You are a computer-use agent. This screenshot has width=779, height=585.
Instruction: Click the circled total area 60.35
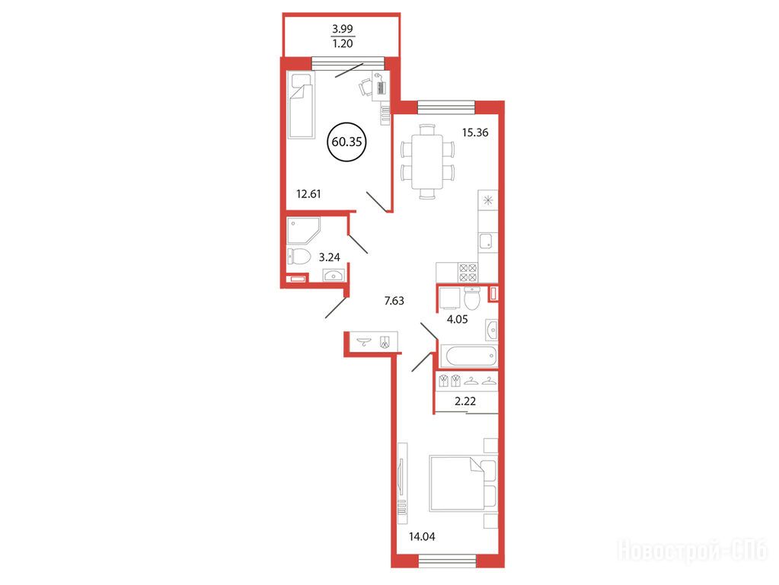[x=346, y=142]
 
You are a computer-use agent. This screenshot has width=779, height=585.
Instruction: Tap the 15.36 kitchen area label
[x=475, y=133]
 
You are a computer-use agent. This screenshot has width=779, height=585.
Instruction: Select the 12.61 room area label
[x=308, y=193]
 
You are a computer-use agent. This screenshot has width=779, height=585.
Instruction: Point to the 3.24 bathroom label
[x=330, y=257]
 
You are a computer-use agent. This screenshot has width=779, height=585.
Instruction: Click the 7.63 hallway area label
[x=394, y=301]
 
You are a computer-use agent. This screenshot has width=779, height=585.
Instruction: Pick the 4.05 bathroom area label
[x=457, y=320]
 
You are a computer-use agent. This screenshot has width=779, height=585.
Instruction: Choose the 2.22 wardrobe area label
[x=465, y=401]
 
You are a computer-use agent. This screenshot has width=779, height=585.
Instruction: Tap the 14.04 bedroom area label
[x=422, y=537]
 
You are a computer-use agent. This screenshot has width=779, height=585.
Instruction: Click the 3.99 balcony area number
[x=343, y=29]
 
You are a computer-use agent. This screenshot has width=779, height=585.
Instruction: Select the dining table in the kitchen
[x=427, y=161]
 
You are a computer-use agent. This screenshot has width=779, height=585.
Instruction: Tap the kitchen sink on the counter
[x=487, y=241]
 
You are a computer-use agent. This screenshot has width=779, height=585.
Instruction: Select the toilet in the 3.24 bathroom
[x=299, y=257]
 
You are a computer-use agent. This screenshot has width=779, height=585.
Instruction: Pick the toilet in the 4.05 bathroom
[x=472, y=299]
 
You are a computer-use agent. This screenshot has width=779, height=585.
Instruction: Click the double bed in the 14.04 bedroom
[x=463, y=483]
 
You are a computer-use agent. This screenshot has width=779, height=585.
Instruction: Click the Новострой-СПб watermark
[x=692, y=551]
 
